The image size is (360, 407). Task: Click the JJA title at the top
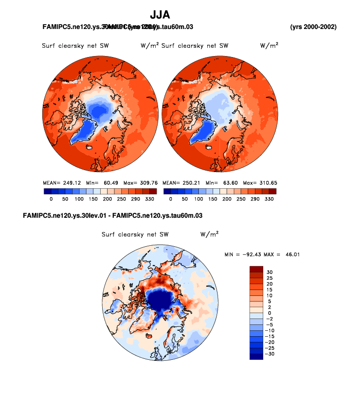click(160, 15)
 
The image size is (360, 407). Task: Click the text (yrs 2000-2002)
click(313, 26)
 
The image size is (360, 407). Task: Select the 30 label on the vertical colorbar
click(270, 272)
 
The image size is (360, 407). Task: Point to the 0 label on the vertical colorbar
click(269, 313)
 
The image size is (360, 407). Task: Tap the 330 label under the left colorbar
click(149, 200)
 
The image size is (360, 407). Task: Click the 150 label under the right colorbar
click(213, 200)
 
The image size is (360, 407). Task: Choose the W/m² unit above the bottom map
click(209, 234)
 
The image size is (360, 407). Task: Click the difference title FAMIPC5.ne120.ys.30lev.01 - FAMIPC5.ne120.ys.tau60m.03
click(113, 215)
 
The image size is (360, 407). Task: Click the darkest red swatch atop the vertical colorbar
click(257, 269)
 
